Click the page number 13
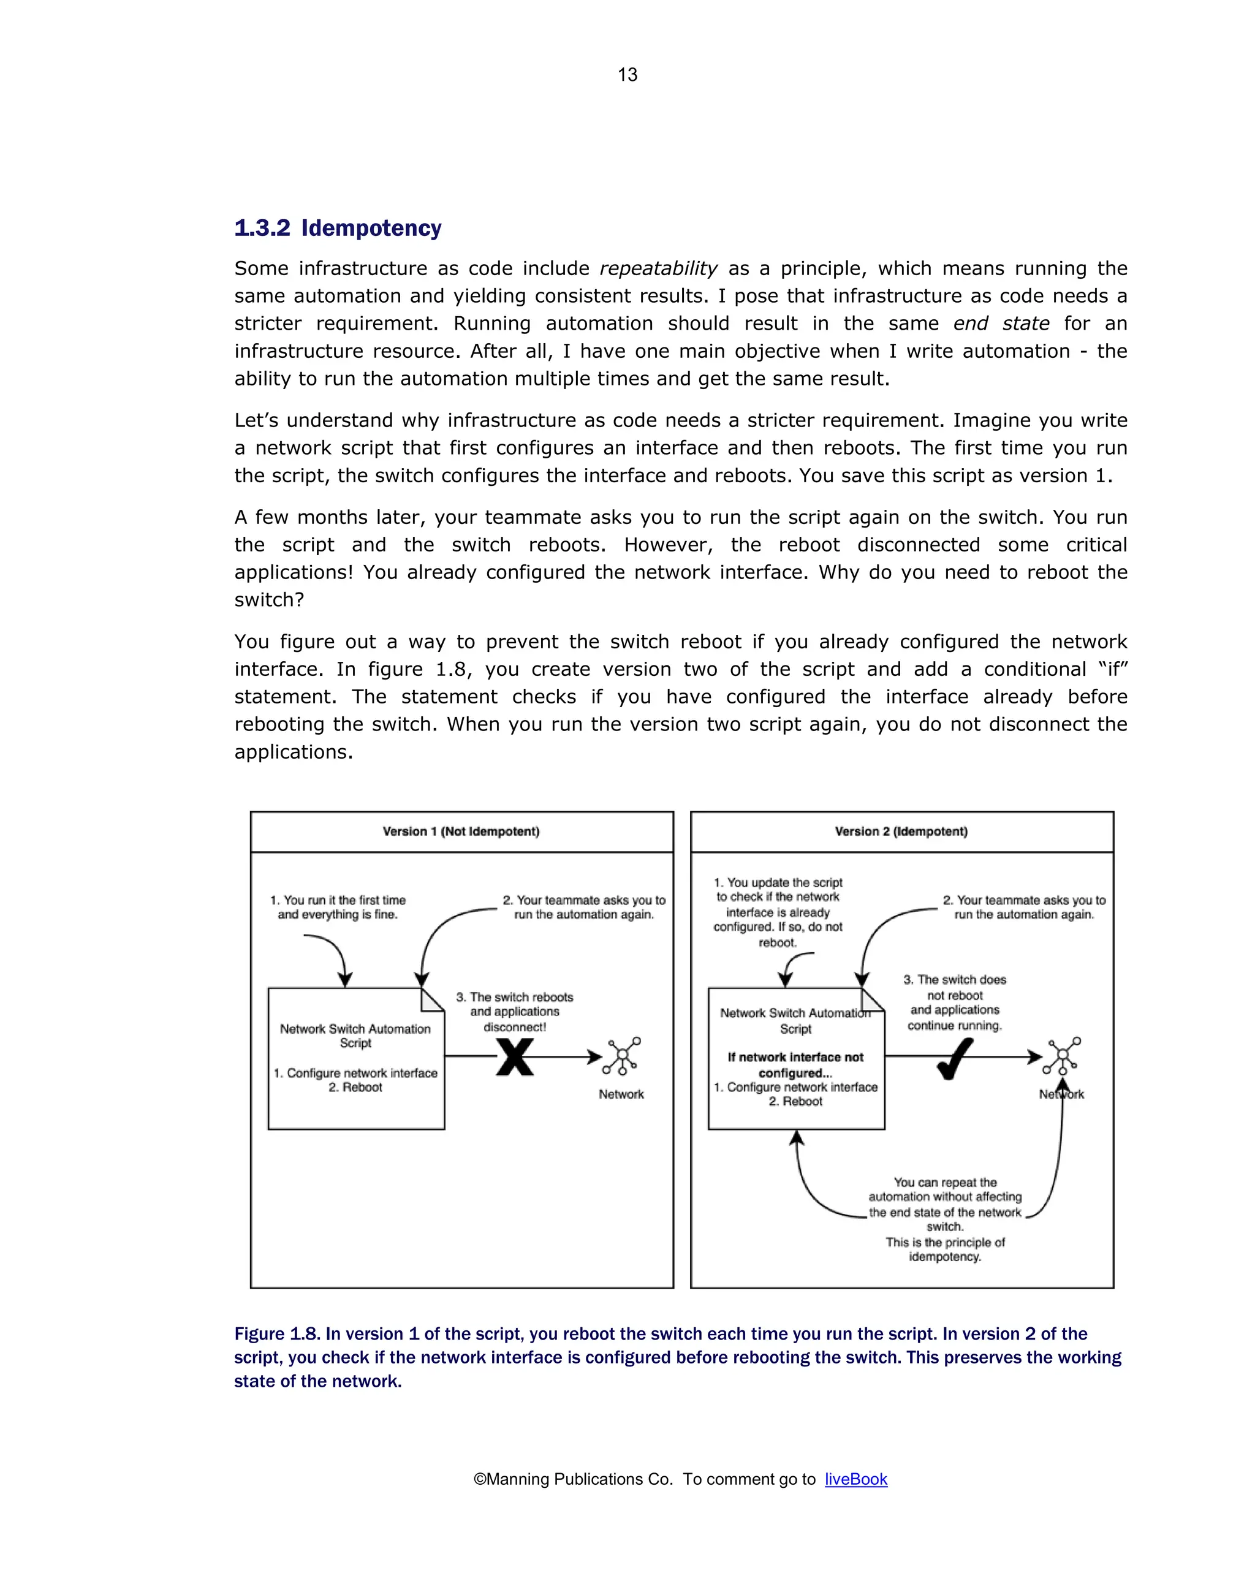point(627,74)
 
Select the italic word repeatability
point(658,268)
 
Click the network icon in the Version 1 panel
point(621,1056)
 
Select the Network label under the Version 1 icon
point(621,1094)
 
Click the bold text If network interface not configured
point(795,1064)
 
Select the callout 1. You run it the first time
point(337,907)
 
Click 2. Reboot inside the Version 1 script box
point(355,1087)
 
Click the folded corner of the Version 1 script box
point(432,999)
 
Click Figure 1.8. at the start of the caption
point(277,1333)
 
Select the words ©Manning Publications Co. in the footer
point(573,1479)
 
